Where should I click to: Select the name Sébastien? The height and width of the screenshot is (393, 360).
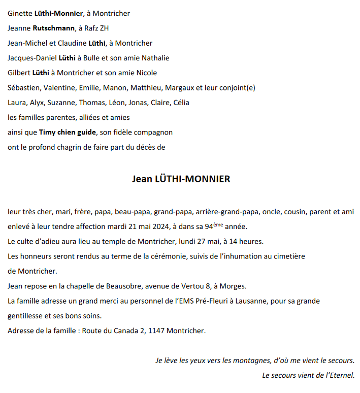[x=24, y=88]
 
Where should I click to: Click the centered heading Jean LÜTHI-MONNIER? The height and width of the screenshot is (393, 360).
[x=181, y=179]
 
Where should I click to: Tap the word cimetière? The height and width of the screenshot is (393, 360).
[x=288, y=256]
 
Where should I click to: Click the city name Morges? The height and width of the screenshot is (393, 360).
[x=235, y=286]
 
